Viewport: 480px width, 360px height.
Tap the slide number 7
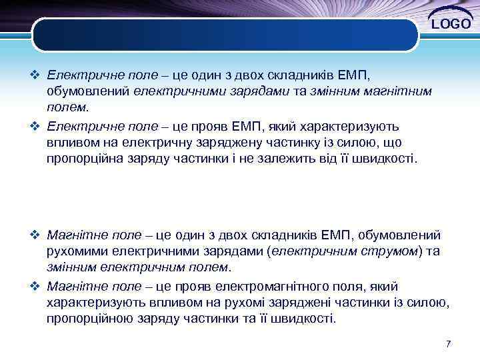(x=449, y=343)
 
